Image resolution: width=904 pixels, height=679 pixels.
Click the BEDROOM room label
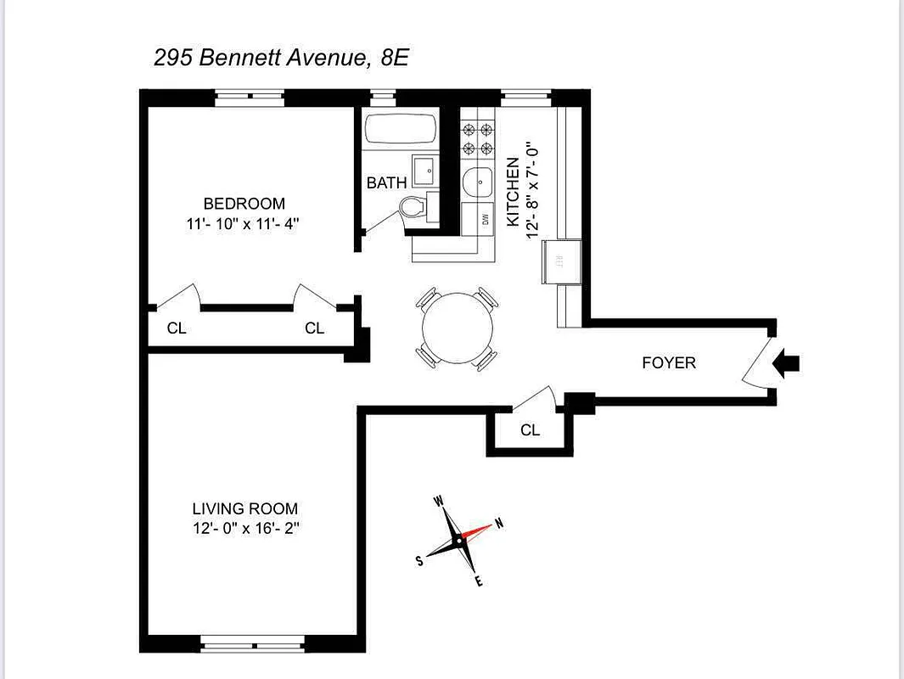pyautogui.click(x=244, y=204)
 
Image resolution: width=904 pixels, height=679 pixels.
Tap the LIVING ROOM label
pyautogui.click(x=244, y=509)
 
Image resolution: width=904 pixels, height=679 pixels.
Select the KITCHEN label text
pyautogui.click(x=513, y=192)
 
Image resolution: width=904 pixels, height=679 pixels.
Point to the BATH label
pyautogui.click(x=386, y=182)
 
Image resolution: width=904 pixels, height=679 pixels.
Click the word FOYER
pyautogui.click(x=668, y=363)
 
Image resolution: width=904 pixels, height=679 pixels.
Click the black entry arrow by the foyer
pyautogui.click(x=788, y=363)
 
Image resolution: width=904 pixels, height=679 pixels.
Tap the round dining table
pyautogui.click(x=458, y=328)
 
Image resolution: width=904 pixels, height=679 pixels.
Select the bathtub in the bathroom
pyautogui.click(x=401, y=130)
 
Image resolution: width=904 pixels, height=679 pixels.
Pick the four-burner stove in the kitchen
pyautogui.click(x=477, y=139)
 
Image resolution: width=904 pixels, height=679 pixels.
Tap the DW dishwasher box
pyautogui.click(x=477, y=219)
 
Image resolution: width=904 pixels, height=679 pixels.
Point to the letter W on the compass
pyautogui.click(x=440, y=502)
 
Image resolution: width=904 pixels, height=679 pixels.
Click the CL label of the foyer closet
pyautogui.click(x=530, y=430)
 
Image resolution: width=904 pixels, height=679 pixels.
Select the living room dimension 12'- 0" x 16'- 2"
pyautogui.click(x=244, y=529)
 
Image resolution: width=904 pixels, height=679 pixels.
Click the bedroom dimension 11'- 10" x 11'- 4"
pyautogui.click(x=244, y=224)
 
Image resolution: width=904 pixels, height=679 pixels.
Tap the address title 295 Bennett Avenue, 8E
pyautogui.click(x=282, y=58)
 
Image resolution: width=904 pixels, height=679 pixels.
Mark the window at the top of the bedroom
pyautogui.click(x=248, y=97)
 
